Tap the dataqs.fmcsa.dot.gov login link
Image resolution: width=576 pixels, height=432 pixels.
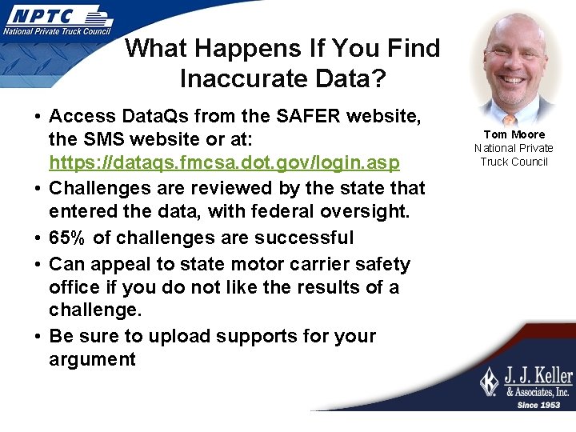coord(224,163)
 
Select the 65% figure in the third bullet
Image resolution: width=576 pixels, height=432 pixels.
coord(68,238)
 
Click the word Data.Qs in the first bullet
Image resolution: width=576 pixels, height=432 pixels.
coord(156,117)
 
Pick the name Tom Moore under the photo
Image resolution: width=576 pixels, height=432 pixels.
coord(514,134)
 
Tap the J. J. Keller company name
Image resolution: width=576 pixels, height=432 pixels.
coord(537,376)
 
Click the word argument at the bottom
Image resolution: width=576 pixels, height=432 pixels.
coord(92,359)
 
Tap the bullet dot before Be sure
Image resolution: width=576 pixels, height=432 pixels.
coord(38,336)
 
